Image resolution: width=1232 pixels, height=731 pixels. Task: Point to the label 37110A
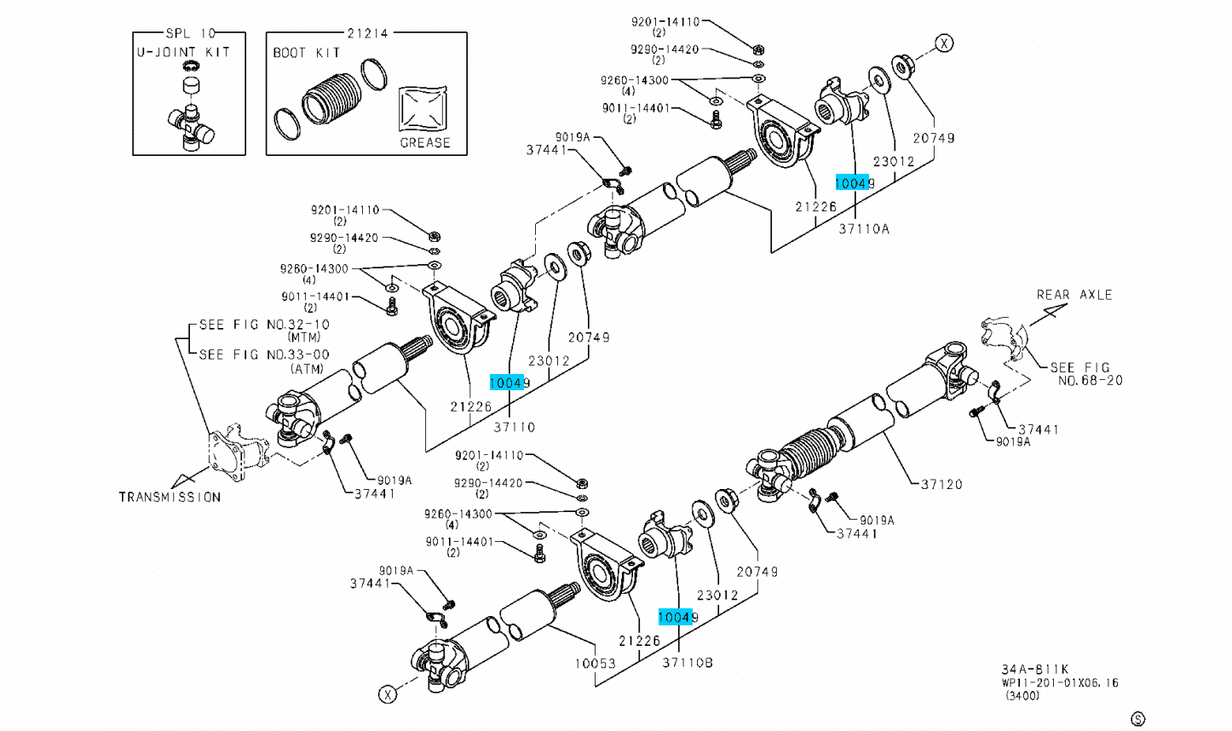[863, 228]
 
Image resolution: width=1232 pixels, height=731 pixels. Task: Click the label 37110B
[688, 662]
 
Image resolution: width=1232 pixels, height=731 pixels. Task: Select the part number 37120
[941, 484]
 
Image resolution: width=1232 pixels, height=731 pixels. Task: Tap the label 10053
[594, 662]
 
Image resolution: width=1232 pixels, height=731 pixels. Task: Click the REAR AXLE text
[1074, 295]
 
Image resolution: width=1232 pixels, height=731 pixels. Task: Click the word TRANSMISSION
[170, 497]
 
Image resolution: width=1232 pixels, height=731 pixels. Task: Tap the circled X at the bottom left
[388, 694]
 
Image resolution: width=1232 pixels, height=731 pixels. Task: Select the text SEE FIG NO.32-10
[263, 325]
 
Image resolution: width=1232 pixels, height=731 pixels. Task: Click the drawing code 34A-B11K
[1034, 670]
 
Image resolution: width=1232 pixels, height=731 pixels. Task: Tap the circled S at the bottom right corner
[1137, 720]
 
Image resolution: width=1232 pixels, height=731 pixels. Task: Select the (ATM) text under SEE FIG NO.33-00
[306, 368]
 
